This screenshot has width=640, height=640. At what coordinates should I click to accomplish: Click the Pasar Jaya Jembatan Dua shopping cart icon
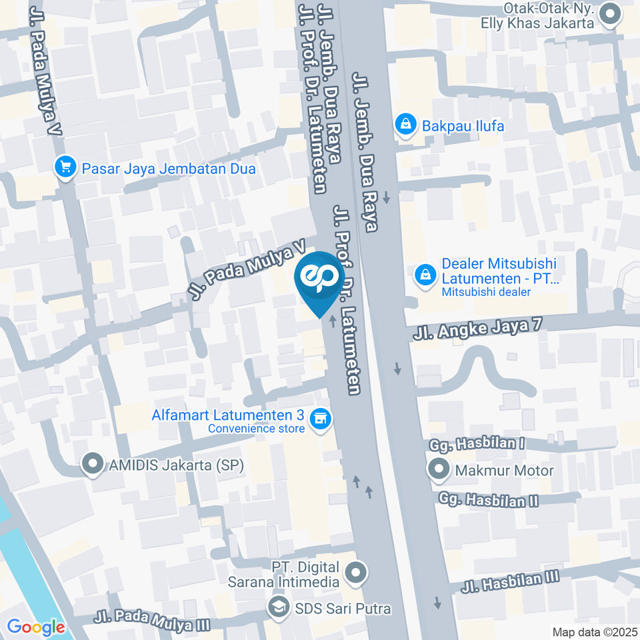(x=65, y=168)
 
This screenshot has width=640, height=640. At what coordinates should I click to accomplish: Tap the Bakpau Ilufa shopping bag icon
(x=404, y=125)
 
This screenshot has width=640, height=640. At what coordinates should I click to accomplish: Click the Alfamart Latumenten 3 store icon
(x=321, y=419)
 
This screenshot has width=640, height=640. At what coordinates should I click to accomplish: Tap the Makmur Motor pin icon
(x=439, y=470)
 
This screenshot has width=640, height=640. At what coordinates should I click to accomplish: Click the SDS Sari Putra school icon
(x=277, y=607)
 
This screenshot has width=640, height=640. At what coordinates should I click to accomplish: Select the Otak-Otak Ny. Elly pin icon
(x=609, y=14)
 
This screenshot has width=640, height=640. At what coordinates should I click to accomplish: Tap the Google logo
(x=35, y=627)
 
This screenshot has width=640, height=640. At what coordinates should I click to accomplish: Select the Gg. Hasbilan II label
(x=488, y=499)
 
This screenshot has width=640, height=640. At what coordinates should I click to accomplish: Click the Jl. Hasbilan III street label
(x=510, y=582)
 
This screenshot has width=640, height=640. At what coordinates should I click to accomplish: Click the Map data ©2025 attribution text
(x=595, y=632)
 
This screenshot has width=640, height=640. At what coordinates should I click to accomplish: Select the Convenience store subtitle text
(x=256, y=429)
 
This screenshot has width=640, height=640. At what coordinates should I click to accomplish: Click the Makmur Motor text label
(x=504, y=471)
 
